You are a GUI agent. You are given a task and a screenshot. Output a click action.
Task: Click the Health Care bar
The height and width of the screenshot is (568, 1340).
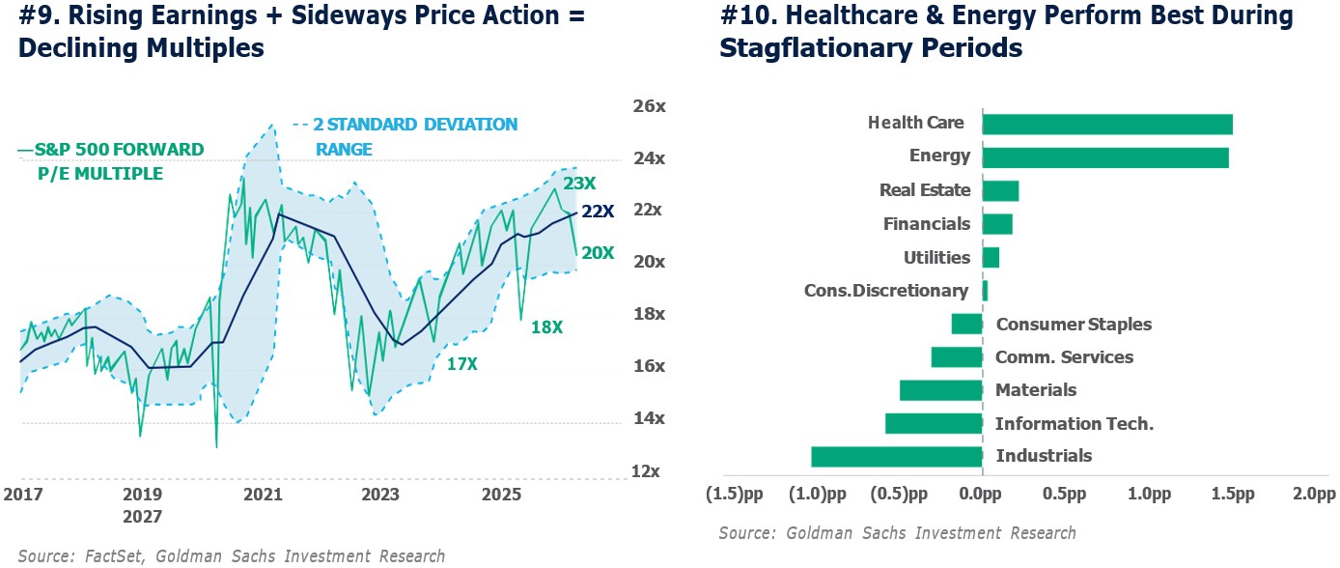pos(1107,124)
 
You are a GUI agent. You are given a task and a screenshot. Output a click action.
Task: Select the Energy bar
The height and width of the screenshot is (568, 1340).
pos(1105,156)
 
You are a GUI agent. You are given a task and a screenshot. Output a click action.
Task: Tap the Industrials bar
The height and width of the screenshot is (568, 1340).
pos(897,457)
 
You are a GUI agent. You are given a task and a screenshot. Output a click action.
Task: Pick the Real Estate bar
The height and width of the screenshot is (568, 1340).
pos(1000,190)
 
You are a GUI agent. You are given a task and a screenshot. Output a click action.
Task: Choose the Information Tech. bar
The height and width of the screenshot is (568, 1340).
pos(934,424)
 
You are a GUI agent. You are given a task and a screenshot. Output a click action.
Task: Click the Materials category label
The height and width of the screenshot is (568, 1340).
pos(1036,390)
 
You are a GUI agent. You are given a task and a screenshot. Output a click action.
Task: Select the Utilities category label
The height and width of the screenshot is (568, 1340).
pos(936,258)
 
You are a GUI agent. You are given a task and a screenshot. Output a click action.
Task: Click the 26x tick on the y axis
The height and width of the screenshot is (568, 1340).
pos(648,106)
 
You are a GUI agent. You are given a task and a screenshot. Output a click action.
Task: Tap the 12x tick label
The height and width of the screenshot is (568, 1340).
pos(646,472)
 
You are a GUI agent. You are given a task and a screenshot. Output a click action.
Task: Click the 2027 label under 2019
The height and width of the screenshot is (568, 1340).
pos(142,517)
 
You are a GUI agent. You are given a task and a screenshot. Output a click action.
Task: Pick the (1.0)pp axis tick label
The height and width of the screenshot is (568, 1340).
pos(819,495)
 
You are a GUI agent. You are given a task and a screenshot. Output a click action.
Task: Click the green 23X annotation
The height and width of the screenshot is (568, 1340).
pos(581,184)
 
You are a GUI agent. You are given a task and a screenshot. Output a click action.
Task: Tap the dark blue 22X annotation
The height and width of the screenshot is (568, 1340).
pos(598,212)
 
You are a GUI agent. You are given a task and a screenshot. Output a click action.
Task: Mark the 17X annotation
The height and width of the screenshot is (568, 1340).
pos(461,364)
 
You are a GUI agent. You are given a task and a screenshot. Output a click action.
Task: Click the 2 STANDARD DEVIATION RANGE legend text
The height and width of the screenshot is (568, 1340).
pos(415,137)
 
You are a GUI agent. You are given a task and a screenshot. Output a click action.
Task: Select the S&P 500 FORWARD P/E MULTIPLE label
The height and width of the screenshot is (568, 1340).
pos(111,161)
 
